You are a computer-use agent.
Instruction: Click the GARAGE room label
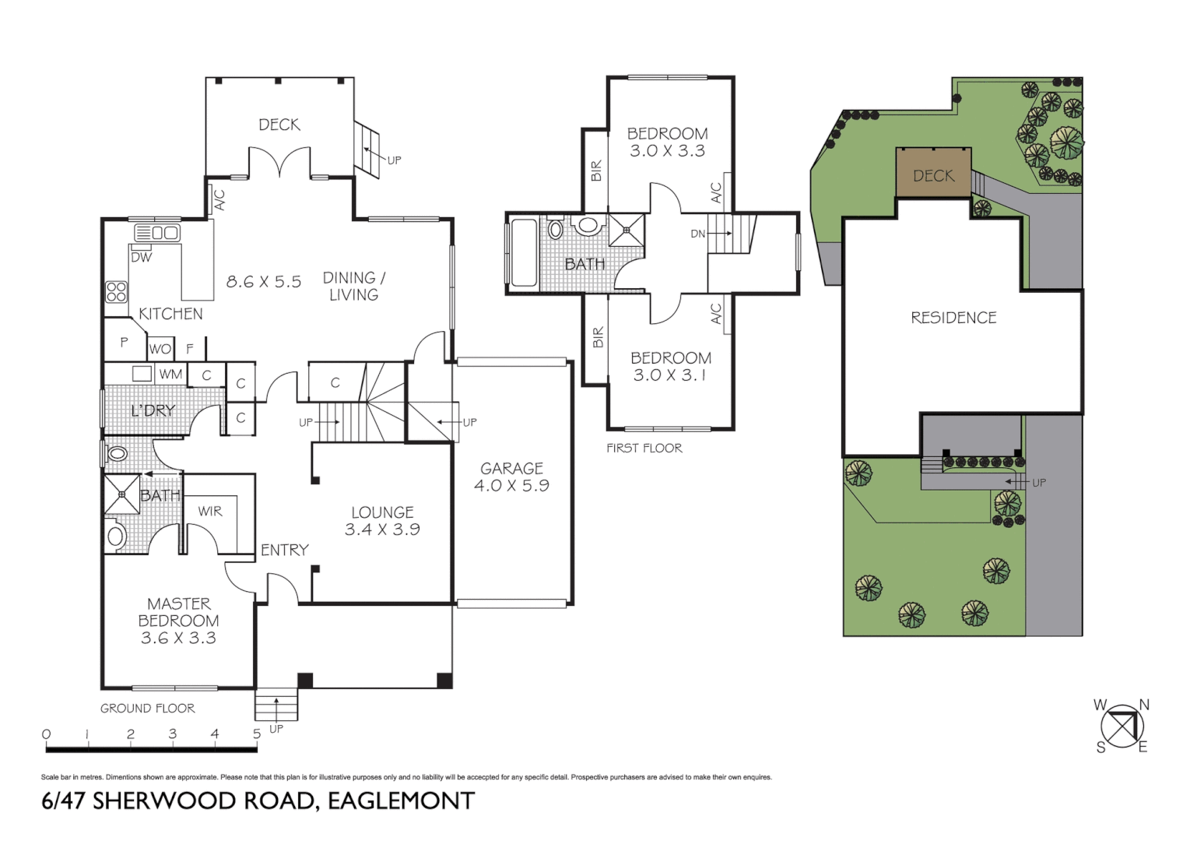coord(511,468)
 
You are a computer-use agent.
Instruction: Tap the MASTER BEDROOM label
coord(178,612)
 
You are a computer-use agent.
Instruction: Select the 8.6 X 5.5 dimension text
coord(263,282)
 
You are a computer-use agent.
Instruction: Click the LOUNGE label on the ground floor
coord(382,512)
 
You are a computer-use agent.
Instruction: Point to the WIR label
coord(210,511)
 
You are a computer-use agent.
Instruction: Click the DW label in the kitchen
coord(142,257)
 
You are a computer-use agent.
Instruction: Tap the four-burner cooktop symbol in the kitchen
coord(117,291)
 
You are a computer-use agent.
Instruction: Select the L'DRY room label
coord(153,410)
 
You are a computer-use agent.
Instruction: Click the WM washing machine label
coord(170,375)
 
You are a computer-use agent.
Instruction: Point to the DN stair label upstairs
coord(698,234)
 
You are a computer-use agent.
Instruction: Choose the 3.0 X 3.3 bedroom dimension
coord(667,151)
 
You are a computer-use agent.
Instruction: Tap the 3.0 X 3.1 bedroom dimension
coord(670,375)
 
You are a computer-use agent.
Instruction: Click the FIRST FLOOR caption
coord(644,448)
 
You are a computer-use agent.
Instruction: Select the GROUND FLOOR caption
coord(147,708)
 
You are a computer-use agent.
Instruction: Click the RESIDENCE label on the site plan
coord(953,318)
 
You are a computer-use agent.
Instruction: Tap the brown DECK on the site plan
coord(933,174)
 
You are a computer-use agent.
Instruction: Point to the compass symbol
coord(1122,727)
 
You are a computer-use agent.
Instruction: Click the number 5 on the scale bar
coord(256,734)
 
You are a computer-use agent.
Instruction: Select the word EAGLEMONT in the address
coord(401,801)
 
